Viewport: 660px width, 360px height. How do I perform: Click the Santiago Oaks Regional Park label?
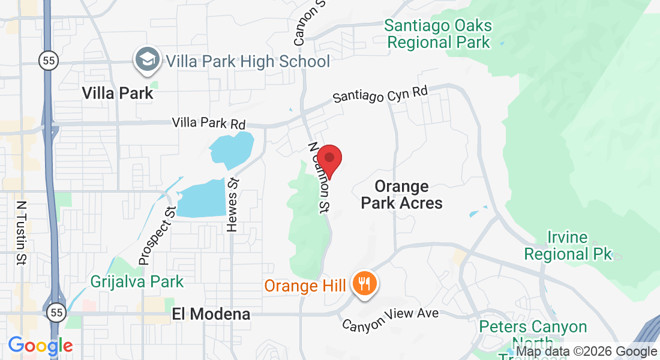[438, 34]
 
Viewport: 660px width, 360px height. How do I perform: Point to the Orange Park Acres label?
[401, 195]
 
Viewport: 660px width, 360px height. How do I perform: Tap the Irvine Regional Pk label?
[568, 246]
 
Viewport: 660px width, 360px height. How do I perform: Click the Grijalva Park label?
[137, 281]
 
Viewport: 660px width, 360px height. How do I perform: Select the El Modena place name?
[211, 314]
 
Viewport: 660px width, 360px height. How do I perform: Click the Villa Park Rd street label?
[209, 124]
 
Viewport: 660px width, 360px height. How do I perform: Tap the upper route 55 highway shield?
[48, 60]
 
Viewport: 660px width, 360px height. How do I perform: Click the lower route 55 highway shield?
[56, 313]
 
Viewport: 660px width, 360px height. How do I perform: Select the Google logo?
[40, 346]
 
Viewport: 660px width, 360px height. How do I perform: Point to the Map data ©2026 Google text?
[586, 352]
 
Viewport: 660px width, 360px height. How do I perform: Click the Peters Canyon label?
[533, 327]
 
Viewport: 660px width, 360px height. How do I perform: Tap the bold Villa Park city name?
[118, 94]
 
